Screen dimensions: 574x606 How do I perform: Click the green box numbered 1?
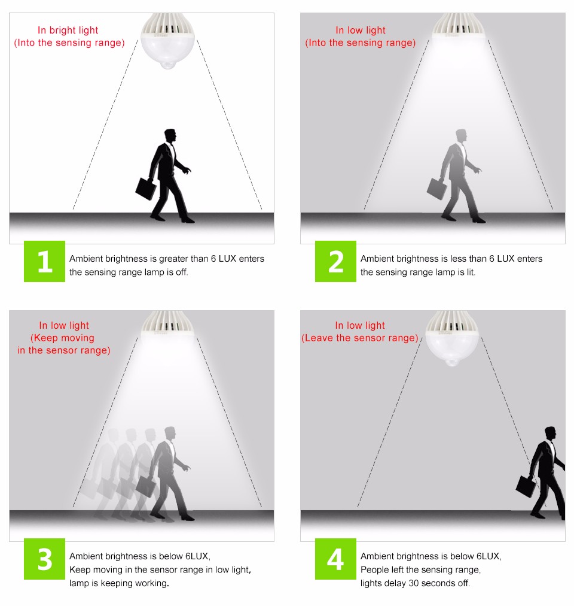(44, 261)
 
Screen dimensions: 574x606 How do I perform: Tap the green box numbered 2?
(335, 261)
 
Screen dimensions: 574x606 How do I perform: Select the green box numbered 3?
(44, 559)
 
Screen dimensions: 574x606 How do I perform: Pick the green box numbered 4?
(335, 559)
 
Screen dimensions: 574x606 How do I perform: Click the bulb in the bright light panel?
(167, 41)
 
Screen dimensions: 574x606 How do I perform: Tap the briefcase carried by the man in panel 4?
(526, 486)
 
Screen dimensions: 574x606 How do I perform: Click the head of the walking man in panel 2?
(461, 136)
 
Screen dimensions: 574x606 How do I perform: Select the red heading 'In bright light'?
(68, 30)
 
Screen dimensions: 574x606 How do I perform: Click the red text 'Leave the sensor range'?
(359, 338)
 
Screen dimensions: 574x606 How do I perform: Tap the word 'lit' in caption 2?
(470, 272)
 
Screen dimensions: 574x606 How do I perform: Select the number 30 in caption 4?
(414, 583)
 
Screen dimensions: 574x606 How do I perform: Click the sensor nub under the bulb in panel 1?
(167, 64)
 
